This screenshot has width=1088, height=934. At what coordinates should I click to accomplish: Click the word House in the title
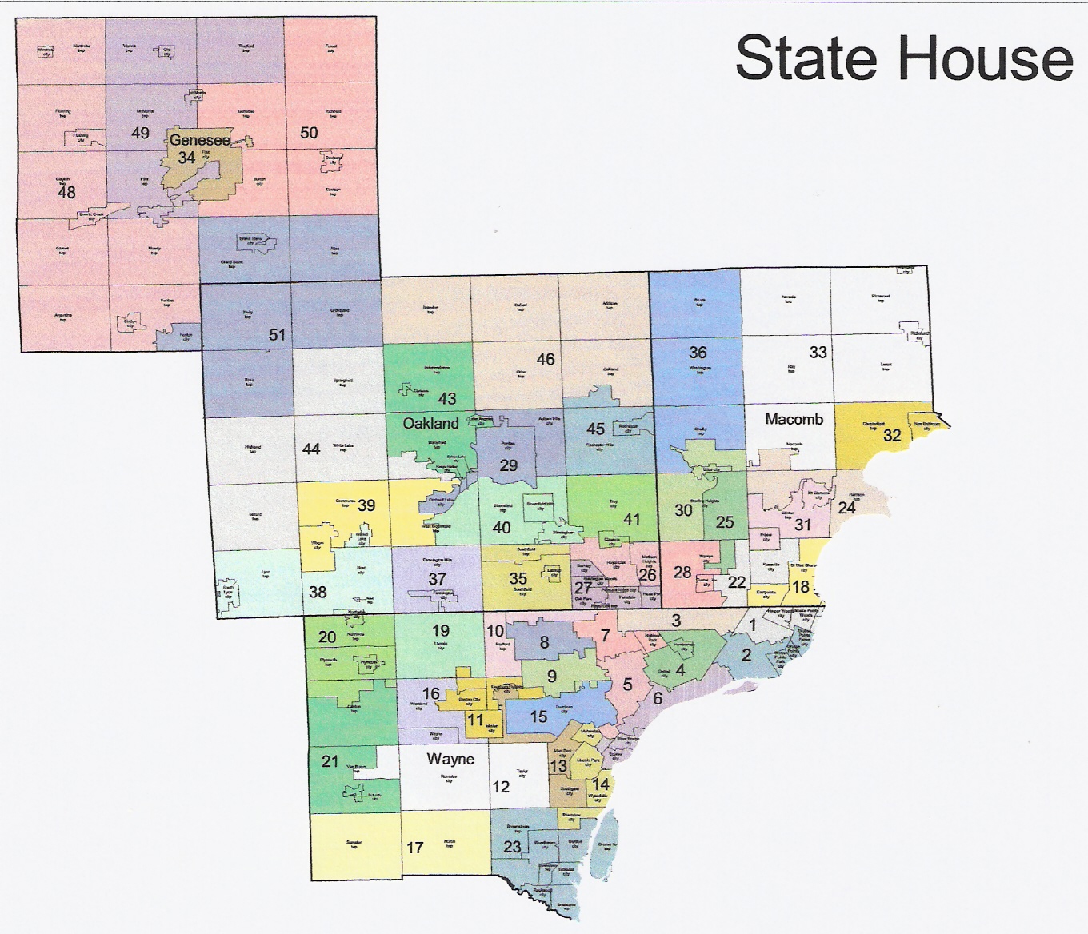(x=986, y=58)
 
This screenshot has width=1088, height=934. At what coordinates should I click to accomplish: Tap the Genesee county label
(x=199, y=139)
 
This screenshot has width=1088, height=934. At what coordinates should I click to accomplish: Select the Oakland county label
(x=430, y=423)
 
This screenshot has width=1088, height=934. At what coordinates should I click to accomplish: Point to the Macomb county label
(x=794, y=419)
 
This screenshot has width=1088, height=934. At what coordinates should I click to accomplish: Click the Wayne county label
(x=450, y=759)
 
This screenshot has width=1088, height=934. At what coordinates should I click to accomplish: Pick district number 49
(x=140, y=133)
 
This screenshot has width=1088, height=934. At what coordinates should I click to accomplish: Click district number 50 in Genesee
(x=309, y=133)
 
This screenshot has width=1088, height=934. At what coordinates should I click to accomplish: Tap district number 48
(x=66, y=192)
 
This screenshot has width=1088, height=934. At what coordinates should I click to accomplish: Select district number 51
(x=277, y=334)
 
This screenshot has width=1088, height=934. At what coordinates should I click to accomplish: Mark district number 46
(x=546, y=359)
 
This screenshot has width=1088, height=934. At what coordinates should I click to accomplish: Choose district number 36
(x=698, y=352)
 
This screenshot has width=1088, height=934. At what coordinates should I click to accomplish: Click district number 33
(x=818, y=352)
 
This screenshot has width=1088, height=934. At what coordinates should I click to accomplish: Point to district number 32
(x=892, y=435)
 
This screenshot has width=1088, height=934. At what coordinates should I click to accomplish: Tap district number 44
(x=311, y=449)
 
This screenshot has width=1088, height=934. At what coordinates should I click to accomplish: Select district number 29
(x=509, y=465)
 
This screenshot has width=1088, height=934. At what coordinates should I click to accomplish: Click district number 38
(x=318, y=593)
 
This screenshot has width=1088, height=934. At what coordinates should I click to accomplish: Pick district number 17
(x=414, y=848)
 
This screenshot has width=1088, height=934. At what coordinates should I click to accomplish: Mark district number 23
(x=512, y=847)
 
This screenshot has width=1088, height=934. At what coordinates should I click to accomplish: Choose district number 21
(x=330, y=761)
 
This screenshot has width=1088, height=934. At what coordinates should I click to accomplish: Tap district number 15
(x=539, y=716)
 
